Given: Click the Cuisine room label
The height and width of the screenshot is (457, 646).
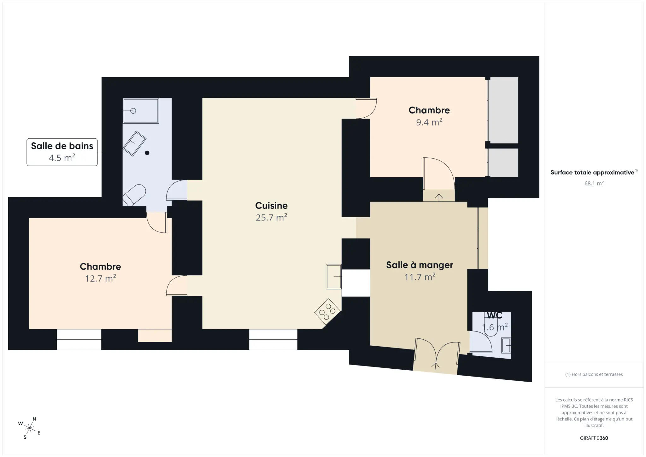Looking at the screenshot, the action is coord(271,206).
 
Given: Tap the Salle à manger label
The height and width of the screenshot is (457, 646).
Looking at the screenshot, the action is coord(420,265).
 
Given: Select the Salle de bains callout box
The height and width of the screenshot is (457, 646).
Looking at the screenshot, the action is coord(62,152).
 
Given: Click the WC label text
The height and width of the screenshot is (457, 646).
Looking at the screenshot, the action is coord(495,315).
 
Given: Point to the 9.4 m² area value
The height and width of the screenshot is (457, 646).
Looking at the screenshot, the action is coord(429,122).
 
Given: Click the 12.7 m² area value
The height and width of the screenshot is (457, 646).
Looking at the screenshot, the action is coord(100,278).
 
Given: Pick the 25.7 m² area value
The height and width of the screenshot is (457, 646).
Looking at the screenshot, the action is coord(271,217).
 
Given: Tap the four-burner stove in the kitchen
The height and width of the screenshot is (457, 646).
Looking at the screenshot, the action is coord(327,312).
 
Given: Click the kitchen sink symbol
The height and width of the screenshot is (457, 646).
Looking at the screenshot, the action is coord(334,277).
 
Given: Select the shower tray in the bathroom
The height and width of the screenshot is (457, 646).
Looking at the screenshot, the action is coord(141,111).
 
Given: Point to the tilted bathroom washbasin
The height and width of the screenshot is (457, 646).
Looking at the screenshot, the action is coord(134,144).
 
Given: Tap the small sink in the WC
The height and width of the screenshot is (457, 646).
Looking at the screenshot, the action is coord(506,346).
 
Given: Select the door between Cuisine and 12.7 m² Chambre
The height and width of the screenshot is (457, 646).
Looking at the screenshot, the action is coord(177,286).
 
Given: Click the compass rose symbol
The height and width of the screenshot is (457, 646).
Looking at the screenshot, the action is coord(29,428).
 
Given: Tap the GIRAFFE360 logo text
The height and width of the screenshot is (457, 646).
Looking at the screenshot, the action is coord(594,438).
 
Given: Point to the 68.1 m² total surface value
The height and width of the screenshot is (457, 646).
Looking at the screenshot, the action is coord(594,183).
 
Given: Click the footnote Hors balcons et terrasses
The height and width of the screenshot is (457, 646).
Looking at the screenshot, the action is coord(594,374).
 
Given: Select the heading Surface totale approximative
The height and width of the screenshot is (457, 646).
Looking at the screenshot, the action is coord(592,173).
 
